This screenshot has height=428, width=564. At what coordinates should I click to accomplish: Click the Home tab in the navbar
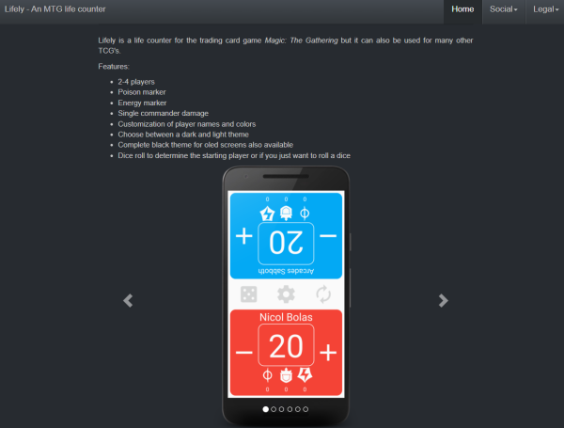click(462, 9)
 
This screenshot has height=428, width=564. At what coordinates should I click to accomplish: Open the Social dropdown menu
click(504, 9)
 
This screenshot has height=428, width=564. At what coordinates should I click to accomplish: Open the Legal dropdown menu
click(545, 9)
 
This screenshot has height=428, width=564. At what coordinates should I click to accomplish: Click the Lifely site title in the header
click(55, 9)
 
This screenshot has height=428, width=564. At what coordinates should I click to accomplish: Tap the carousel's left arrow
click(128, 301)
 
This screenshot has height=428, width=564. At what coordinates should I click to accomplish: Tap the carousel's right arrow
click(443, 301)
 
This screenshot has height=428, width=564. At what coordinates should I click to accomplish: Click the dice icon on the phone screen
click(248, 294)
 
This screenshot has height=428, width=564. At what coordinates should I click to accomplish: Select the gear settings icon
click(286, 294)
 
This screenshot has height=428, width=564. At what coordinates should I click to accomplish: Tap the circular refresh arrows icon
click(323, 294)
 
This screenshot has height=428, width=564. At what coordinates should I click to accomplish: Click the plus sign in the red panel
click(328, 353)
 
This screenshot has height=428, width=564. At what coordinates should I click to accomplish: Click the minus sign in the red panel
click(243, 353)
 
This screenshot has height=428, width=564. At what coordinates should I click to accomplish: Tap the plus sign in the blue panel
click(243, 236)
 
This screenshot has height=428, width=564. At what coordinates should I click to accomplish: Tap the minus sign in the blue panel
click(328, 236)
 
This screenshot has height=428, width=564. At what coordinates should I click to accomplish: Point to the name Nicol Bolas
click(286, 317)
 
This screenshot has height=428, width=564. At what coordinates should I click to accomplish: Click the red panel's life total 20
click(286, 346)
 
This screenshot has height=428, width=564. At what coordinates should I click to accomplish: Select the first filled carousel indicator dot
click(266, 409)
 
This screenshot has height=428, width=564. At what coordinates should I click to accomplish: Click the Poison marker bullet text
click(142, 92)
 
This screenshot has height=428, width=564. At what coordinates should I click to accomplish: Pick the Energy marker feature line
click(142, 103)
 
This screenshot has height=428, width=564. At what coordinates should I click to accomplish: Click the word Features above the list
click(114, 67)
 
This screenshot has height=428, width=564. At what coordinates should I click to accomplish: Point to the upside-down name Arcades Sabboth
click(286, 271)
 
